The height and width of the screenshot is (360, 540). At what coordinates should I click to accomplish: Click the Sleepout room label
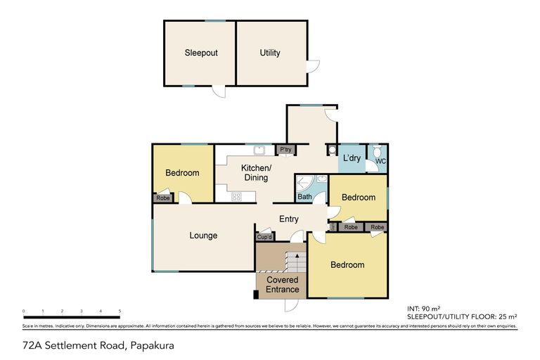tap(199, 53)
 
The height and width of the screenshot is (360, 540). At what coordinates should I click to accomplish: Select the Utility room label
tap(270, 53)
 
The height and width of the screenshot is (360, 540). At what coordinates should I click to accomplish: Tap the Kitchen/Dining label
tap(255, 173)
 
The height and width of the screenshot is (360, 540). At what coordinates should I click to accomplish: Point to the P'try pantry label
tap(285, 150)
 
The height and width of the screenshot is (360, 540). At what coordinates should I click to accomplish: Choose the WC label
tap(380, 162)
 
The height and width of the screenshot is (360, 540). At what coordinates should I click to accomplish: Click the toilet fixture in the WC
tap(378, 151)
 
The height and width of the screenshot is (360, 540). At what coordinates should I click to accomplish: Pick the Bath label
tap(304, 197)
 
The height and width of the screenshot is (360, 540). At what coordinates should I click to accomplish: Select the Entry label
tap(289, 219)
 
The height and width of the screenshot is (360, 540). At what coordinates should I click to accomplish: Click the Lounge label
tap(203, 236)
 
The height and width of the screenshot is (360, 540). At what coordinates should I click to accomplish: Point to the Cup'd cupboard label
tap(264, 237)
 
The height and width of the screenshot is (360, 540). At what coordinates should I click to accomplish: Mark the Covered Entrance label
tap(282, 285)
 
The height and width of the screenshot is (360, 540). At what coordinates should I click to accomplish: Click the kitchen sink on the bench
tap(259, 149)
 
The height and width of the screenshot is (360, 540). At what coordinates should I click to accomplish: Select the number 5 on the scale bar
tap(120, 310)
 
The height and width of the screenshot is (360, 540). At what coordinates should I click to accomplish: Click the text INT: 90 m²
tap(424, 308)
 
